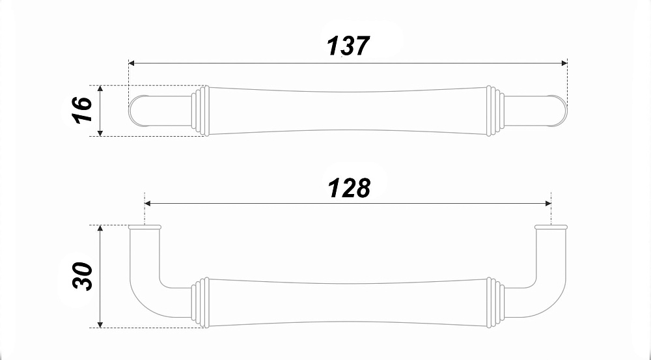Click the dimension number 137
coord(348,46)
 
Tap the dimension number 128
coord(349,188)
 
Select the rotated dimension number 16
coord(82,110)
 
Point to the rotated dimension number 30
coord(82,276)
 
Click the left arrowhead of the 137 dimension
coord(132,63)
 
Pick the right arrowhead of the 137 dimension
coord(564,63)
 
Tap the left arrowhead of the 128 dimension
coord(147,204)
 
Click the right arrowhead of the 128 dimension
coord(548,204)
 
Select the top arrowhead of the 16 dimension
coord(100,89)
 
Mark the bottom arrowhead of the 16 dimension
coord(100,133)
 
